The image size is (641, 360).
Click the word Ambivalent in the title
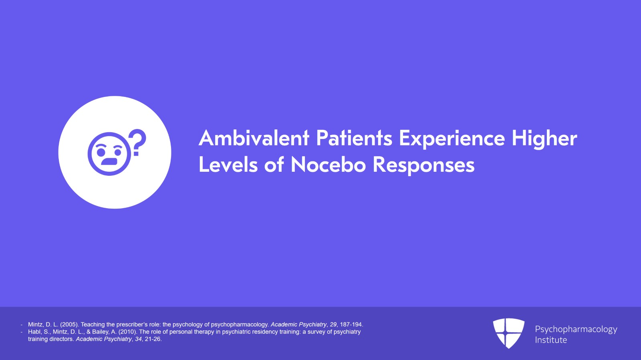(254, 138)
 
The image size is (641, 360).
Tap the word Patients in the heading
(354, 138)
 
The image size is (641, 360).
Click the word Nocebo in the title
(328, 165)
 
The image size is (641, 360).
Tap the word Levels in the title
(228, 165)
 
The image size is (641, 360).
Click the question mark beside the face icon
(138, 143)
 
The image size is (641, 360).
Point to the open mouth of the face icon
(109, 161)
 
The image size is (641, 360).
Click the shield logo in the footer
(508, 333)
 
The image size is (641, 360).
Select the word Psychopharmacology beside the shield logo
(576, 330)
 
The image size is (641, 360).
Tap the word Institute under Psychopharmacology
(551, 340)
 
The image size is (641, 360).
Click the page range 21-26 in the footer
(153, 339)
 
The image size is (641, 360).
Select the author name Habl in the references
(34, 332)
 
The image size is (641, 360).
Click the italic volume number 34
(139, 339)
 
